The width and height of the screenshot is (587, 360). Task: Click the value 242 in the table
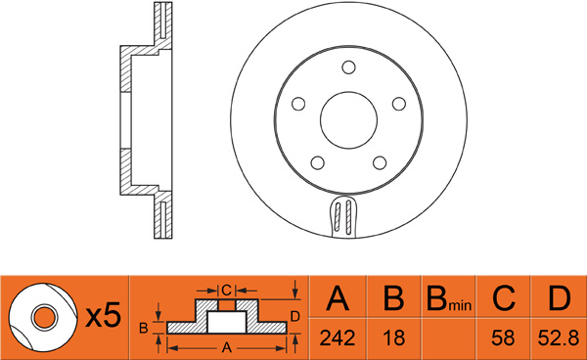pos(338,337)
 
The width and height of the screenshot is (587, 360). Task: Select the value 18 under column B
pos(394,337)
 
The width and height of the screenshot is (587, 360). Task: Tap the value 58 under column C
pos(503,337)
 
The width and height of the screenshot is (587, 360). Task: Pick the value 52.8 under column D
pos(559,338)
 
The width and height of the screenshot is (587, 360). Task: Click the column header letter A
pos(338,298)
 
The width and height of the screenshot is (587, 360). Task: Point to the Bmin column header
pos(449,299)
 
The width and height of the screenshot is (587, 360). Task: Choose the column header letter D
pos(560,298)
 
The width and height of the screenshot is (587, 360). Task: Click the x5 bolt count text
pos(104,315)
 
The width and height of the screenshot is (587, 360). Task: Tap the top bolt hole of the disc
pos(348,67)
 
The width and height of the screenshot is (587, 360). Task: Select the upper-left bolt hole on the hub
pos(298,104)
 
